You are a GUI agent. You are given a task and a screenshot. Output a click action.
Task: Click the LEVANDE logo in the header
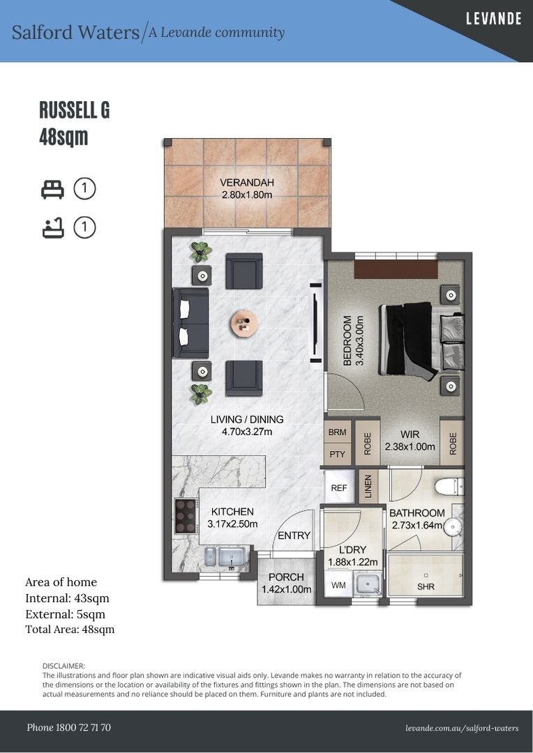click(494, 19)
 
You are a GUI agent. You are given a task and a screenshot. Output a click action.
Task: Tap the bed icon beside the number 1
click(52, 189)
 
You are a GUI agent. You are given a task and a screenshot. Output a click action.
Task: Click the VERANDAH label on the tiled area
click(246, 183)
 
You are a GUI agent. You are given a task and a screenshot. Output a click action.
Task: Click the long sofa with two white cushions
click(190, 324)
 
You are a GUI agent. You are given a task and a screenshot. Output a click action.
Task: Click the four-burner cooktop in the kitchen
click(186, 516)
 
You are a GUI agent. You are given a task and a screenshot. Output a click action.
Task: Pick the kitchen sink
click(227, 557)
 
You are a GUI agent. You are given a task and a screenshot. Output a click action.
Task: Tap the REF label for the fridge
click(339, 488)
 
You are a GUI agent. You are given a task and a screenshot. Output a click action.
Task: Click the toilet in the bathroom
click(449, 487)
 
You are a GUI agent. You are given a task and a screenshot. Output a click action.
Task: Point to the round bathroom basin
click(452, 527)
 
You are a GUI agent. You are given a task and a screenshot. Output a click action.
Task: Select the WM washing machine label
click(338, 586)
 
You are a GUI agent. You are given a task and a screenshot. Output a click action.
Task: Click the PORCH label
click(286, 577)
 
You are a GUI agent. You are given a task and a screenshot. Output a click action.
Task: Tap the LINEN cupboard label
click(368, 487)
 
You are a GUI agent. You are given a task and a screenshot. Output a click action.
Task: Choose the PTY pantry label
click(338, 454)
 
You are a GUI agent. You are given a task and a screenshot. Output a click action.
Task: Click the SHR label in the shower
click(426, 587)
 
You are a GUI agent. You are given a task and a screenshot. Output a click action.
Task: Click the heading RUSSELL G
click(75, 110)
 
